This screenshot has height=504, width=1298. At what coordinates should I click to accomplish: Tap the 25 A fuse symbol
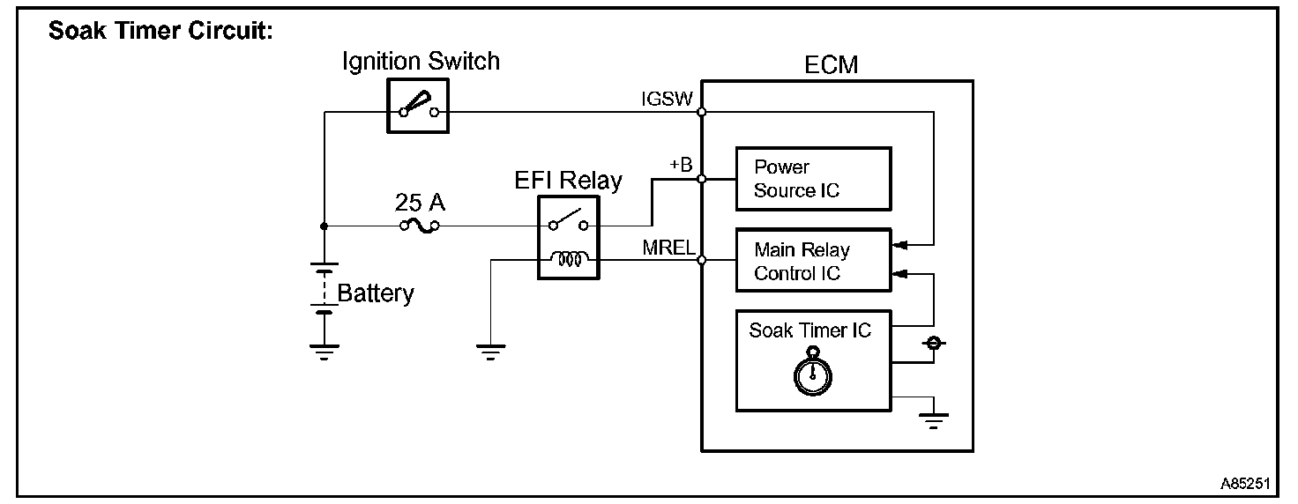point(420,226)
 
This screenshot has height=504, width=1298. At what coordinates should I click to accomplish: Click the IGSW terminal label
point(667,99)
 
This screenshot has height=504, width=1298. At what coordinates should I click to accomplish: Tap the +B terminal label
point(682,165)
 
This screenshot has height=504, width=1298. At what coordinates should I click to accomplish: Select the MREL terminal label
point(668,248)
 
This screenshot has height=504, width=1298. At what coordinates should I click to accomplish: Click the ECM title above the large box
point(831,65)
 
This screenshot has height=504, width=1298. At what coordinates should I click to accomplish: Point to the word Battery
point(376,293)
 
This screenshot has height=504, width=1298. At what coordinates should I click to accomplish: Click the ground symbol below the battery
point(324,352)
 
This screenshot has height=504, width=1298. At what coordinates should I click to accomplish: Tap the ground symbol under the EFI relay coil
point(491,352)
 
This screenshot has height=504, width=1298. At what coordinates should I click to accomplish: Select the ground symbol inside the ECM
point(934,420)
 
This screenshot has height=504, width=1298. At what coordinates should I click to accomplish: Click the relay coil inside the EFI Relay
point(570,258)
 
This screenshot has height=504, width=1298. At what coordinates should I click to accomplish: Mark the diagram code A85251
point(1245,484)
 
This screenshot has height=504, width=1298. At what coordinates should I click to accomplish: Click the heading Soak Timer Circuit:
point(160,31)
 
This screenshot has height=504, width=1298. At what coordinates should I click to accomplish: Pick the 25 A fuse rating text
point(420,203)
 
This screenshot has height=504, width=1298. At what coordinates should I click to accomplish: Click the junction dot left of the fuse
point(324,226)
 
